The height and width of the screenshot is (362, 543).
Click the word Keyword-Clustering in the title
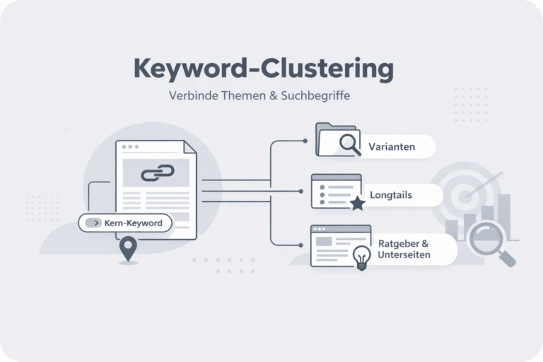pyautogui.click(x=263, y=69)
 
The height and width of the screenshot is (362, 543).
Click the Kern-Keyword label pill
pyautogui.click(x=125, y=223)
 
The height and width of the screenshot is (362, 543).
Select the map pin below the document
pyautogui.click(x=127, y=249)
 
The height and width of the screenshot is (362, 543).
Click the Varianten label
pyautogui.click(x=391, y=147)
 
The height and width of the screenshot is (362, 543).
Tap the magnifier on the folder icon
pyautogui.click(x=349, y=144)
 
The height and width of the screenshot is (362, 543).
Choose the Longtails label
pyautogui.click(x=390, y=194)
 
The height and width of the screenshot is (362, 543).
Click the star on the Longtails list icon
pyautogui.click(x=357, y=204)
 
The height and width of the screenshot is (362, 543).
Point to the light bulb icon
pyautogui.click(x=361, y=257)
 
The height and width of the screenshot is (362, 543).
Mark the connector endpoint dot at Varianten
pyautogui.click(x=305, y=141)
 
